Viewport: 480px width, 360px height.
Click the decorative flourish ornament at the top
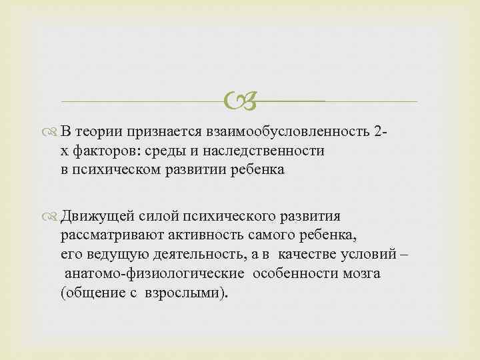pyautogui.click(x=239, y=102)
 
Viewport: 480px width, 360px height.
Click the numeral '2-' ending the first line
pyautogui.click(x=381, y=132)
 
